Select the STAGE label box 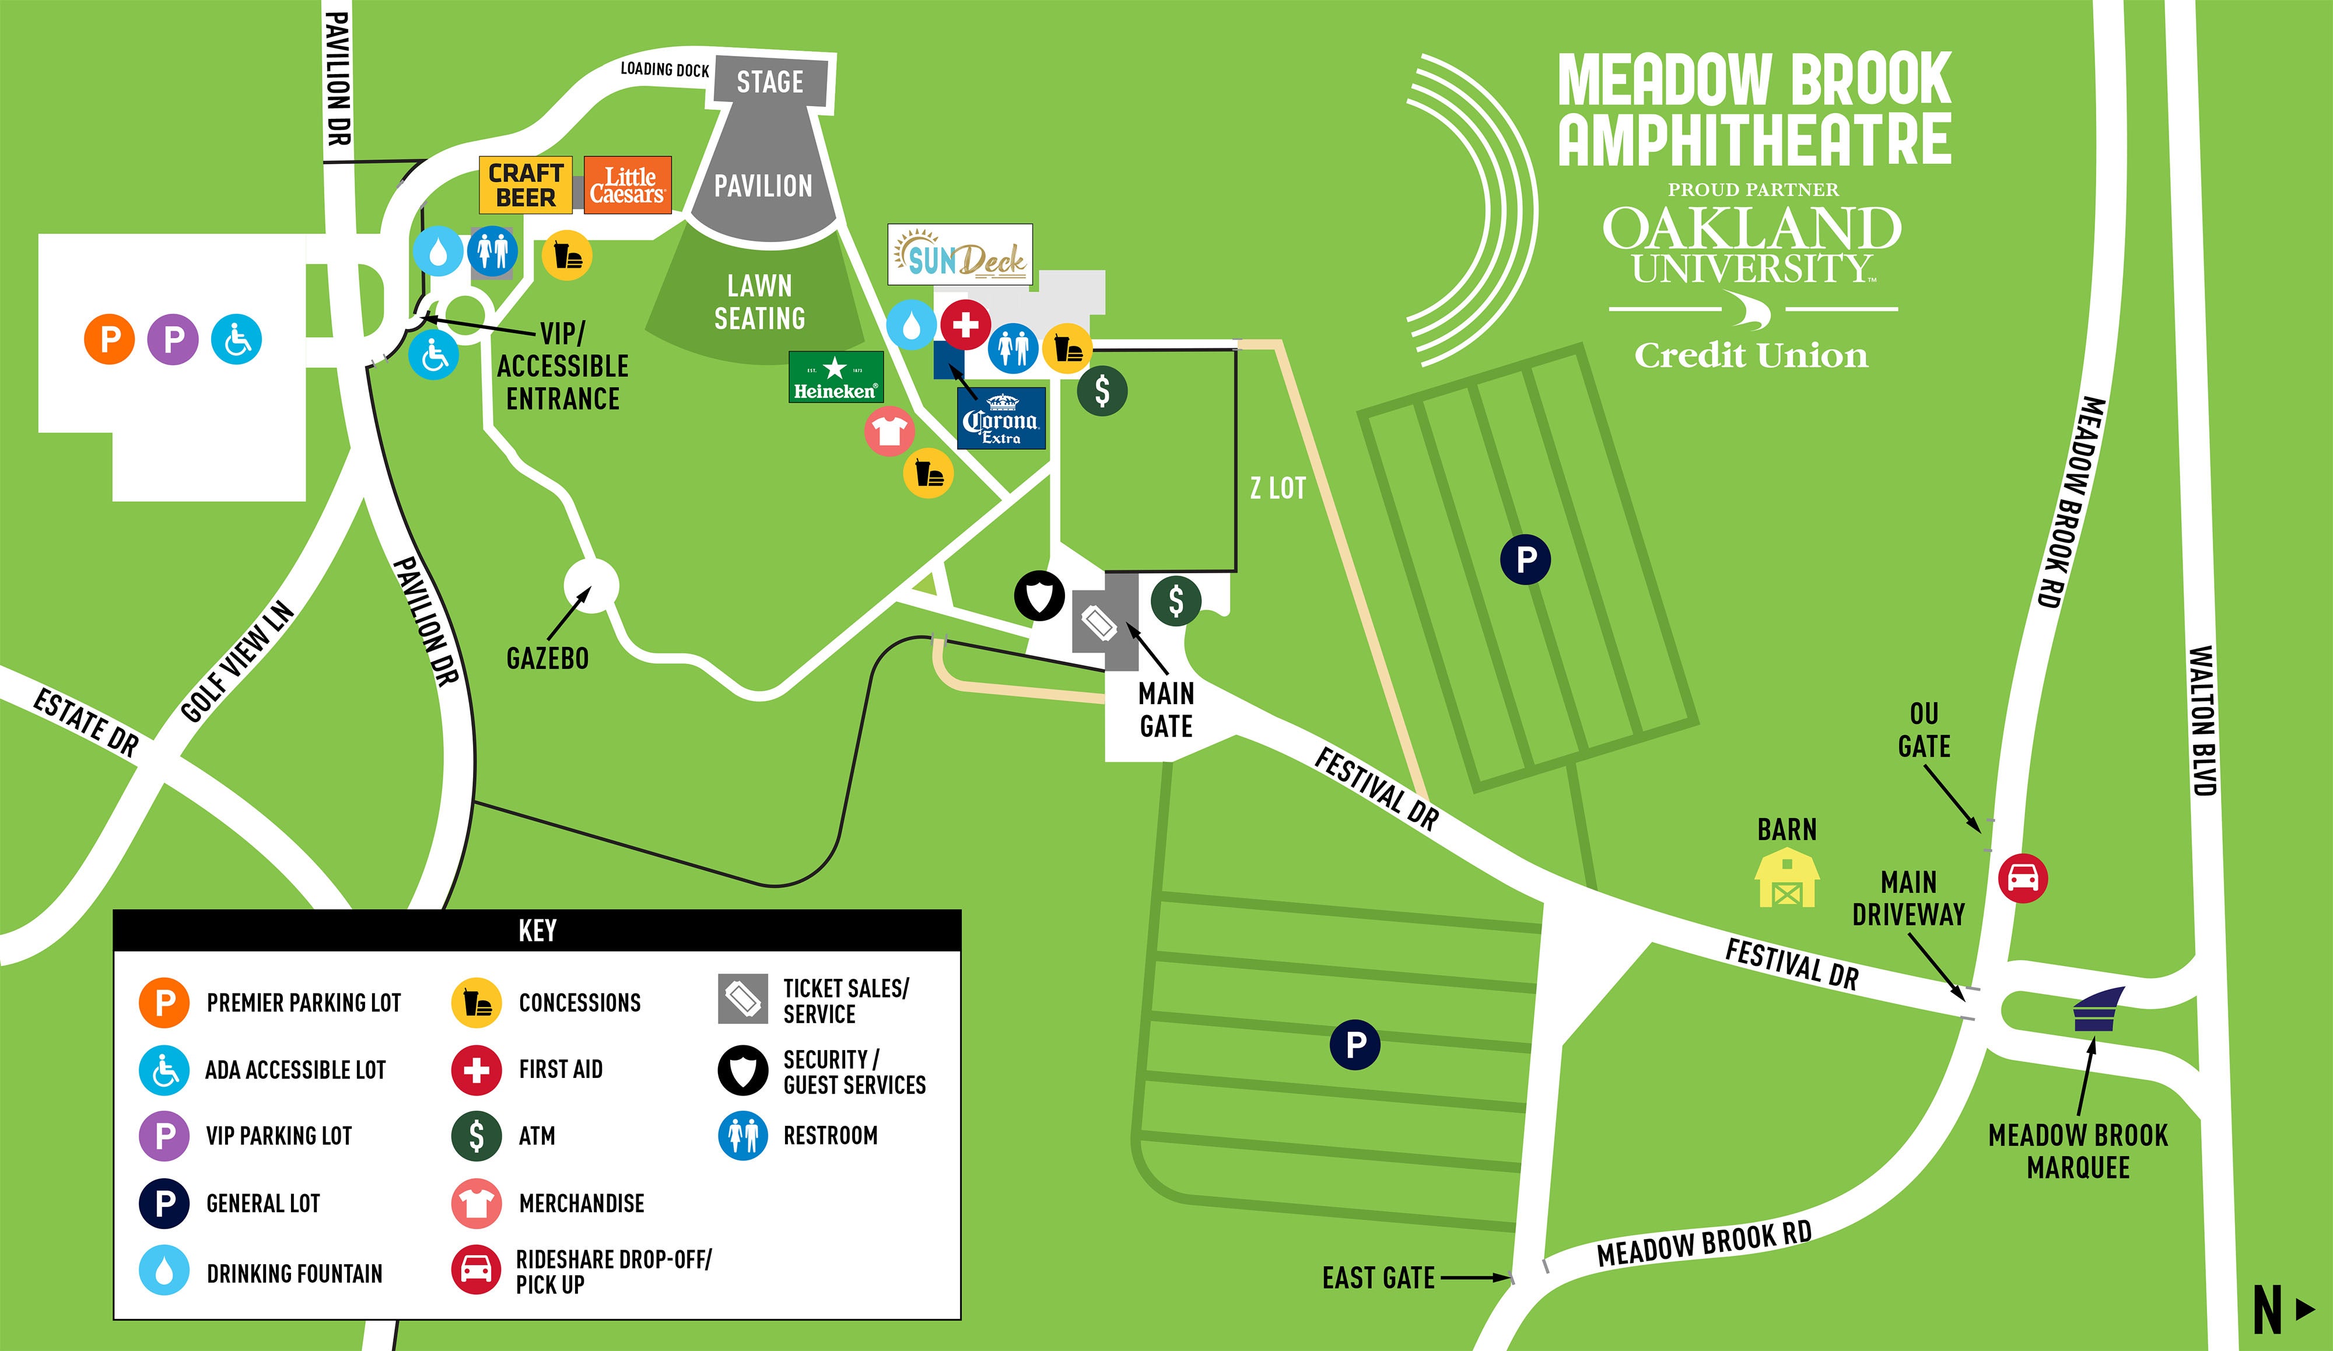click(x=770, y=82)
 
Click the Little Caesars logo click(x=628, y=185)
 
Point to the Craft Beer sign click(x=525, y=185)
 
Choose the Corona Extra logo click(x=1001, y=418)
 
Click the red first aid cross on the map click(x=966, y=324)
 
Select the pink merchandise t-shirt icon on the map click(x=889, y=430)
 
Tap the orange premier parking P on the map click(x=109, y=339)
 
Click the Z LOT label click(x=1277, y=488)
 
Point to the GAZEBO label click(x=547, y=659)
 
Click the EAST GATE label click(x=1378, y=1278)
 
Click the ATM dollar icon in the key click(x=476, y=1135)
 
